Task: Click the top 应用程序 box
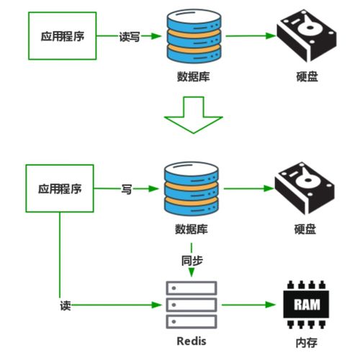coord(60,35)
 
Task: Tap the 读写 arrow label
coord(129,35)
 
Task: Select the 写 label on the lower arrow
coord(126,189)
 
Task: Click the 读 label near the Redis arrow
coord(65,305)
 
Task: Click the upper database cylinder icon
coord(191,35)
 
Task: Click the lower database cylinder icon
coord(191,189)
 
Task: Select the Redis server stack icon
coord(191,305)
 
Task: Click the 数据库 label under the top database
coord(191,76)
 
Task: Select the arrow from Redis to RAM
coord(249,305)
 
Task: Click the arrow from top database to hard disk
coord(249,35)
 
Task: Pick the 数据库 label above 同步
coord(191,230)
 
